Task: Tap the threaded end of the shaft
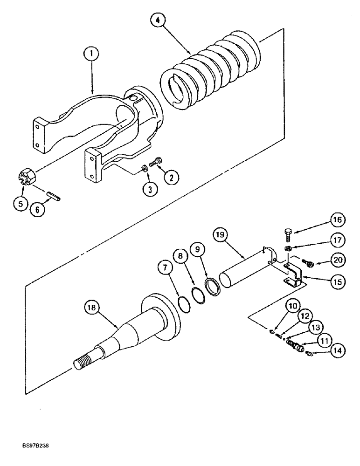tap(83, 362)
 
